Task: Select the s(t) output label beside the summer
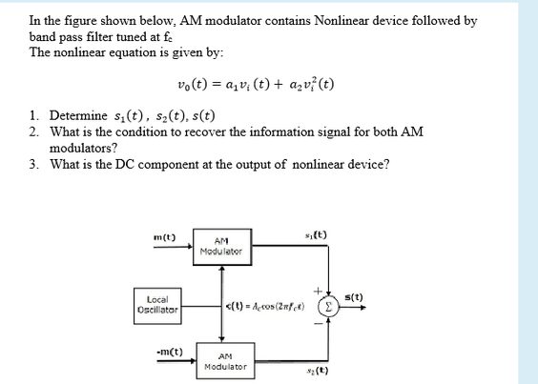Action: tap(353, 296)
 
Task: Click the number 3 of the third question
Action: tap(34, 163)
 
